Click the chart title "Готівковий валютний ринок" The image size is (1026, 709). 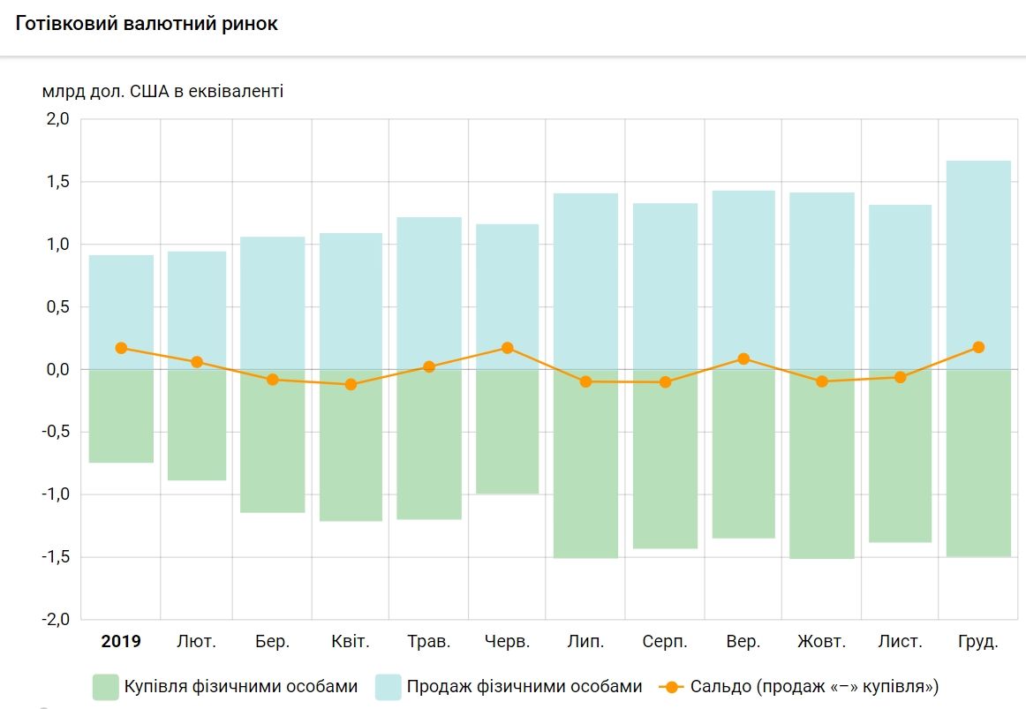coord(146,24)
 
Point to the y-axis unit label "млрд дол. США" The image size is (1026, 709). coord(162,91)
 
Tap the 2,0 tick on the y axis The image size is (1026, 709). coord(57,119)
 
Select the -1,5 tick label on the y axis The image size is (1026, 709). coord(54,557)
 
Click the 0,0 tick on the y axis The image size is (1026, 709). coord(57,369)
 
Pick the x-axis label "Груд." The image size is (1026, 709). coord(977,642)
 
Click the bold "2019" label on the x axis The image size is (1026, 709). coord(121,642)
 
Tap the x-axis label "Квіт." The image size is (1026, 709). coord(351,642)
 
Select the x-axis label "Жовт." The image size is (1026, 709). coord(821,642)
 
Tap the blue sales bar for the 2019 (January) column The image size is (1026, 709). coord(121,300)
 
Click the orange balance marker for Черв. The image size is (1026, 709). coord(507,348)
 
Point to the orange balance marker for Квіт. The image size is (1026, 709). coord(351,384)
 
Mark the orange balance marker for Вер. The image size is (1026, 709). coord(743,358)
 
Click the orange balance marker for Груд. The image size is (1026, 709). coord(977,347)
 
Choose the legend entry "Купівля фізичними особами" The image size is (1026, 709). coord(225,687)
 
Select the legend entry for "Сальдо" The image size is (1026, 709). coord(799,687)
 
